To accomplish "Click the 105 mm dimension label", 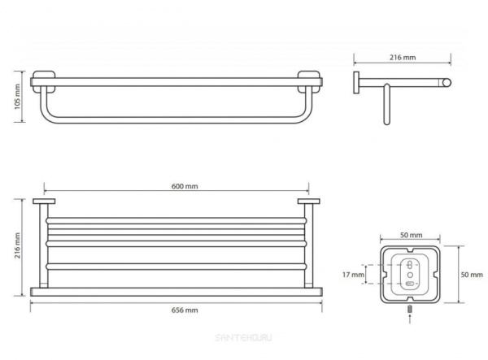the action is (x=17, y=97).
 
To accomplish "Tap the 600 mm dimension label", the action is (x=185, y=186).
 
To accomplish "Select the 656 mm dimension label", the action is (x=185, y=310).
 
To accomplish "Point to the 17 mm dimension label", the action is (x=353, y=275).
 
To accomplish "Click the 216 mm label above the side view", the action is (x=403, y=58).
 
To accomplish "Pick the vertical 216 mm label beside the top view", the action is (x=17, y=245).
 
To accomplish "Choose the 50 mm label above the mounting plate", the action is (x=411, y=235).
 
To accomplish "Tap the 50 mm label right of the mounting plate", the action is (x=472, y=275).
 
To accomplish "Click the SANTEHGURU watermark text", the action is (x=243, y=337).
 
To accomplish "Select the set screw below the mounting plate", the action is (x=410, y=310).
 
